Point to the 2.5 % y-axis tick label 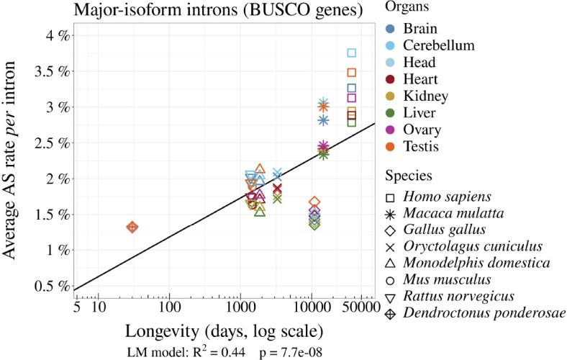pyautogui.click(x=48, y=143)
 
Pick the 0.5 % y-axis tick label pyautogui.click(x=48, y=286)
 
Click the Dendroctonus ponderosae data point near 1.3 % pyautogui.click(x=132, y=227)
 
